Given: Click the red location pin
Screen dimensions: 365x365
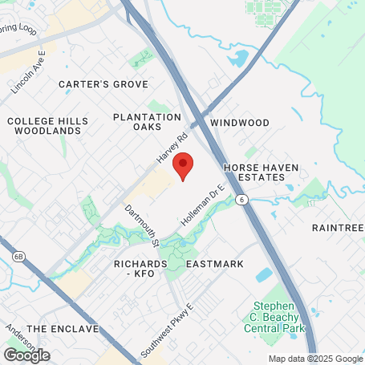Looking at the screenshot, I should pos(183,164).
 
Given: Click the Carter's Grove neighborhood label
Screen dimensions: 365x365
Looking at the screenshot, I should pos(103,84).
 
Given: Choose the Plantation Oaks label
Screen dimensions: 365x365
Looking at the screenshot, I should pos(147,123).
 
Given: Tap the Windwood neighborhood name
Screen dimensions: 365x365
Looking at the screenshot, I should pos(240,123).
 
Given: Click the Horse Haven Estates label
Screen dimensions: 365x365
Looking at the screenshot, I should pos(261,173).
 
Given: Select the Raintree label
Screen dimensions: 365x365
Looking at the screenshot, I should pos(339,229).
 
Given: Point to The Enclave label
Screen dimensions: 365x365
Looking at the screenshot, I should pos(62,329).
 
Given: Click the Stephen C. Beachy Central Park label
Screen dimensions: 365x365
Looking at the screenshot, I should pos(280,317).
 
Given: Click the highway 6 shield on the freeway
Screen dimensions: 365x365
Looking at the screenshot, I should pos(241,197).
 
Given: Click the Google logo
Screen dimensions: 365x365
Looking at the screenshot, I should pos(26,355).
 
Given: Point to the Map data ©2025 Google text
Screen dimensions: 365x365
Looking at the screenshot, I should pos(314,359).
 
